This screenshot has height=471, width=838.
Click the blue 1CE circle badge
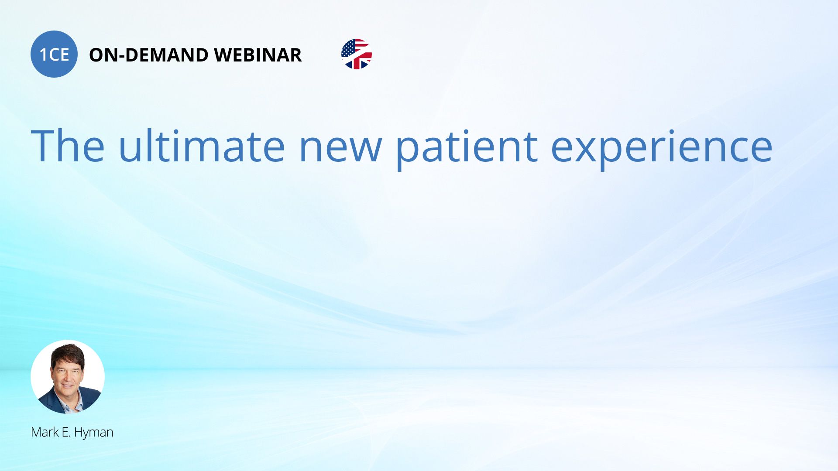click(x=54, y=54)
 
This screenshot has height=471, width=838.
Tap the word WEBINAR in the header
click(x=258, y=55)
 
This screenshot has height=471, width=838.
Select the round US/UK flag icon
click(x=357, y=54)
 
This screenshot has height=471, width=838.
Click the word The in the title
click(x=68, y=146)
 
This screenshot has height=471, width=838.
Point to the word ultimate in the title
click(x=202, y=146)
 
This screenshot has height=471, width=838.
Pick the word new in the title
click(x=340, y=150)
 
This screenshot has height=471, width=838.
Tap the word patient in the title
click(x=467, y=150)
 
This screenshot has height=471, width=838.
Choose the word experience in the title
click(x=662, y=150)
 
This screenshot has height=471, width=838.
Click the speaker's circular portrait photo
click(x=68, y=377)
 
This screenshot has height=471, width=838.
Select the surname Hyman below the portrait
click(x=94, y=433)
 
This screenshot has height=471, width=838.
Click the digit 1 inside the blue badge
click(x=43, y=55)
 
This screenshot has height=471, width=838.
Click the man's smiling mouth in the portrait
click(x=67, y=386)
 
